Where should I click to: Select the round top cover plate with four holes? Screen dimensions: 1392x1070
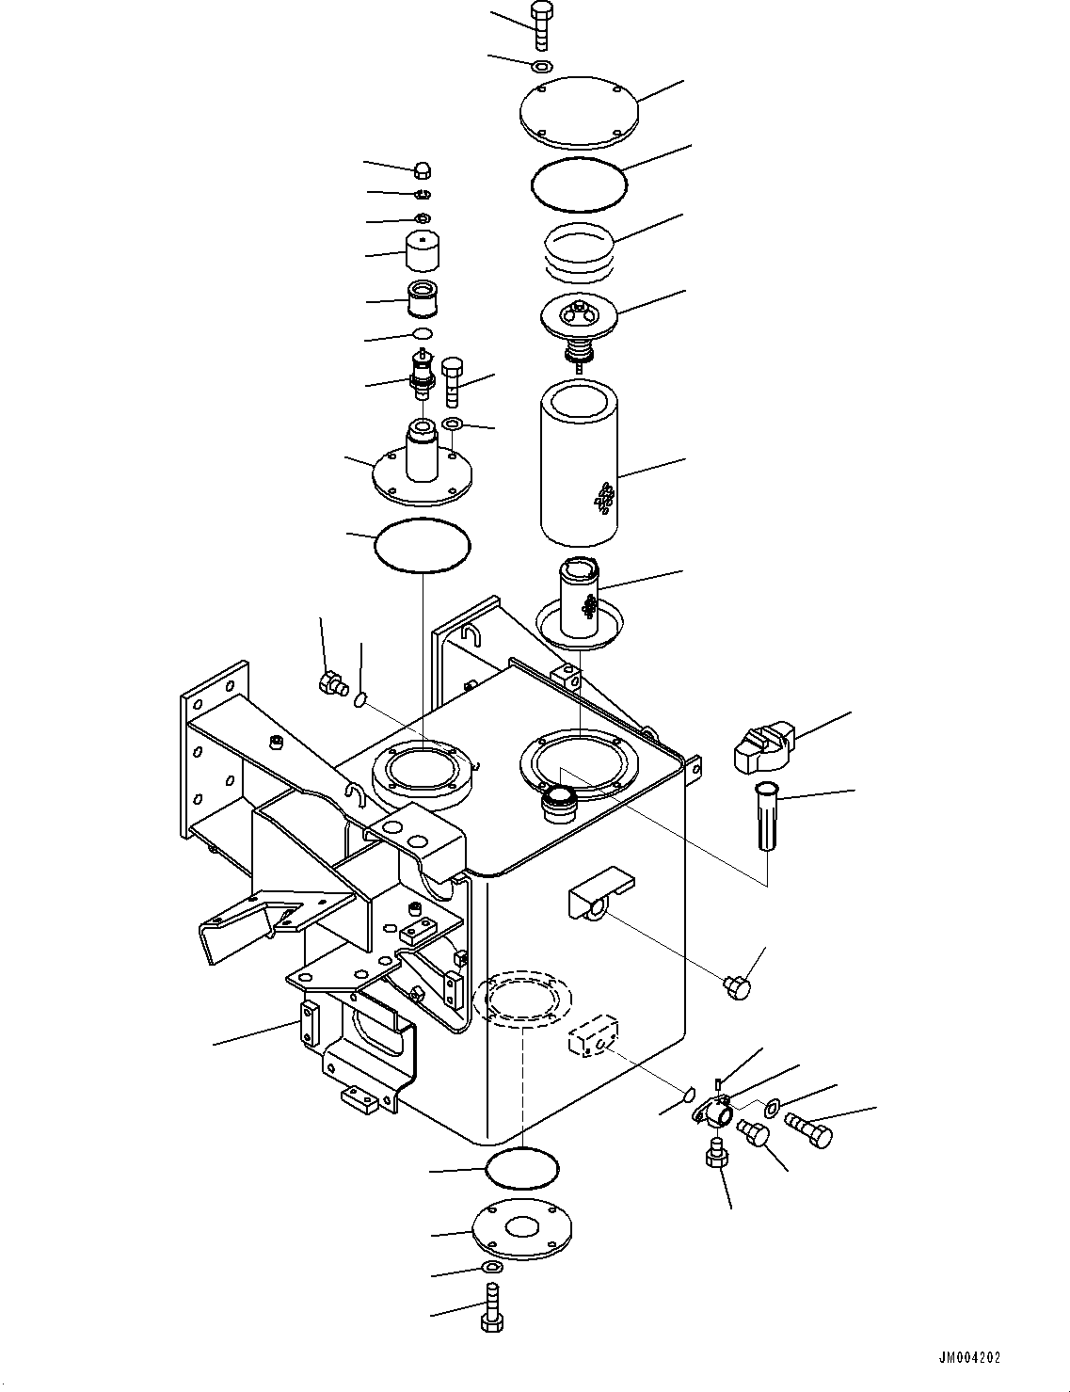[579, 112]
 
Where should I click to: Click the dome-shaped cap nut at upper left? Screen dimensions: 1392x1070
[423, 170]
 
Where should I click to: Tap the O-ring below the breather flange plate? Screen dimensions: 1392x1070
[422, 544]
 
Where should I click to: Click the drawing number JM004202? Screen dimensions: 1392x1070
[969, 1358]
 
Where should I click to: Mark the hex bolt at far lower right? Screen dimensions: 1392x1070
[807, 1128]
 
